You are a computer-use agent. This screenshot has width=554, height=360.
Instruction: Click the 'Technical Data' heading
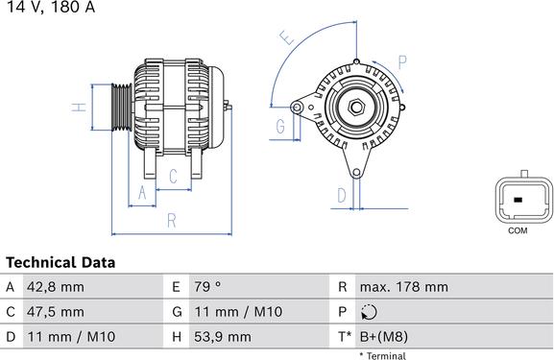(60, 262)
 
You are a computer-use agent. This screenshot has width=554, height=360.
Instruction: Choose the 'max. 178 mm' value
(403, 287)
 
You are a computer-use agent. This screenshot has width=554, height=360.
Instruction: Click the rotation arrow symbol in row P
(370, 312)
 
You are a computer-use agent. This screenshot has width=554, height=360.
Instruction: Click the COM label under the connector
(517, 231)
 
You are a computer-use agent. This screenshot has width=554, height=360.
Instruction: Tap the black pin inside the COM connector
(517, 200)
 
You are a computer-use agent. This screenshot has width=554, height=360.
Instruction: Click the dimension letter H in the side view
(81, 107)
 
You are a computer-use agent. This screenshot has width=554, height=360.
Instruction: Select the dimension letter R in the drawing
(171, 221)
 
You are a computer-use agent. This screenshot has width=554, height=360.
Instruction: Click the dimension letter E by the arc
(285, 39)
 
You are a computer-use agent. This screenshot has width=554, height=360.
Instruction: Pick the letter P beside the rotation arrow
(403, 62)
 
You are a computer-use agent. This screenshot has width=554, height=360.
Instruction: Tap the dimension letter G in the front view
(281, 127)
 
